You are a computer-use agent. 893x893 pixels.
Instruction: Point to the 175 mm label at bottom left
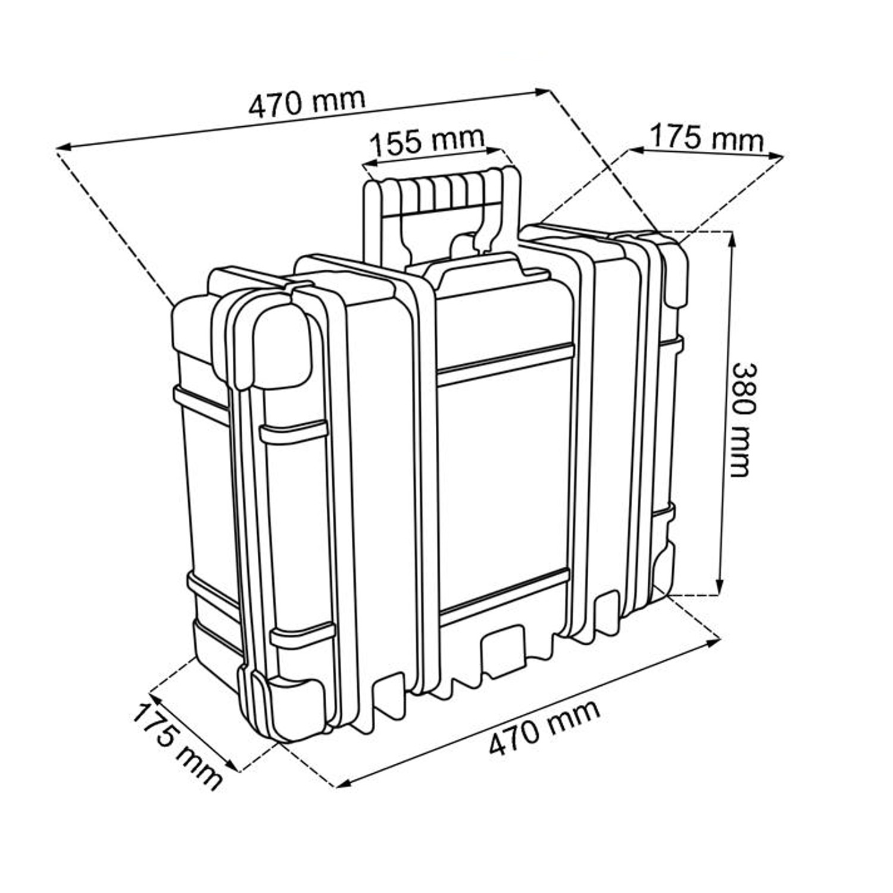point(177,745)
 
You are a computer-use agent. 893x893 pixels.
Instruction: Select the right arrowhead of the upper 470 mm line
point(542,92)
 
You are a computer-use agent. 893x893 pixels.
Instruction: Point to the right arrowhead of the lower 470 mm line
point(714,642)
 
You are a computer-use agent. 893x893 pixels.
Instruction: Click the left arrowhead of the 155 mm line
point(371,162)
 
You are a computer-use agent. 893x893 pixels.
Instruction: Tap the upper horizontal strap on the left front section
point(293,432)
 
